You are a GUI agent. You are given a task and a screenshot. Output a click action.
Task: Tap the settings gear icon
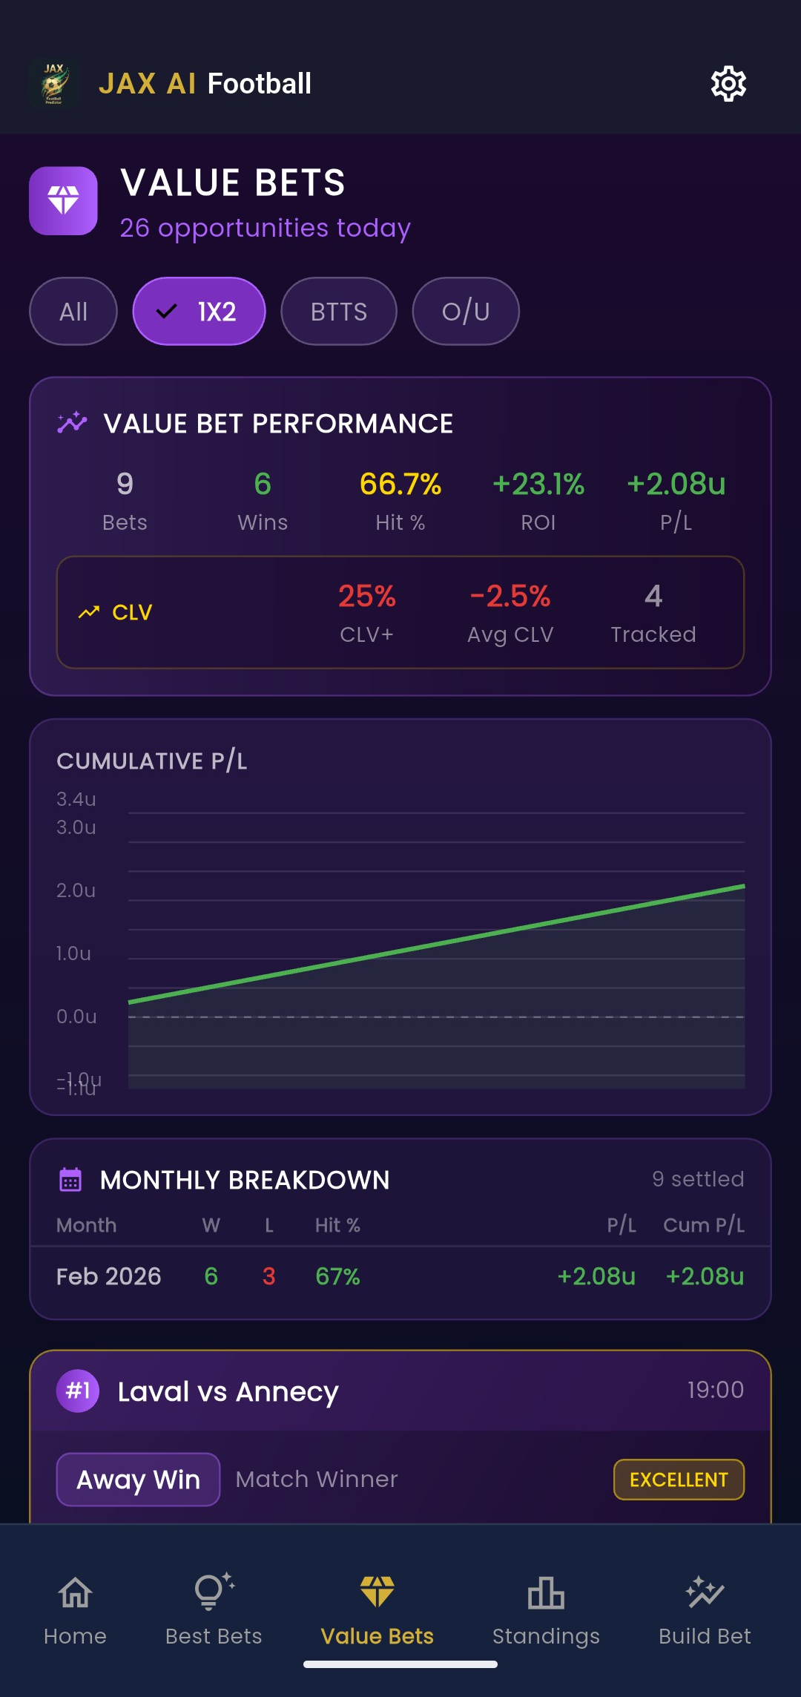point(728,84)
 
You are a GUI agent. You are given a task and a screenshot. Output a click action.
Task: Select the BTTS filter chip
point(338,312)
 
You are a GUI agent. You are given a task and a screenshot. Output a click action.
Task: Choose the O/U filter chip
point(466,312)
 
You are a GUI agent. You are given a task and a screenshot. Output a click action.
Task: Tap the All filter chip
point(73,312)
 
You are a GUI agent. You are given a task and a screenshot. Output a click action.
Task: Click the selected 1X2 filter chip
point(199,312)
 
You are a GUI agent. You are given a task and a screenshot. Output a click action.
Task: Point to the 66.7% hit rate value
point(400,485)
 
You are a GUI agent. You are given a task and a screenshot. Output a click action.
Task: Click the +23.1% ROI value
point(538,485)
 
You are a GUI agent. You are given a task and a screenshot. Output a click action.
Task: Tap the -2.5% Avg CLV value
point(510,597)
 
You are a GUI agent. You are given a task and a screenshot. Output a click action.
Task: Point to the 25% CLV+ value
point(366,597)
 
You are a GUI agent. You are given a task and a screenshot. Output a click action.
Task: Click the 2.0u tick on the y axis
point(76,890)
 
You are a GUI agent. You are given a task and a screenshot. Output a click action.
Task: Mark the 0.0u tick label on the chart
point(76,1017)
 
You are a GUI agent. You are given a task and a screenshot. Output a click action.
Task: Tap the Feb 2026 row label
point(109,1276)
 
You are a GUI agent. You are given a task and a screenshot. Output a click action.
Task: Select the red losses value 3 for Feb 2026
point(268,1276)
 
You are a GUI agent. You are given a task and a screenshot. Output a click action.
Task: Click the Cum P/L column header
point(703,1225)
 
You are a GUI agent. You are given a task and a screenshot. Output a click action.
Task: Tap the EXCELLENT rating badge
point(679,1480)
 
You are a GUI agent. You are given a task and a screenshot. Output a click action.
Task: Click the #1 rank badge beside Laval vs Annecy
point(78,1391)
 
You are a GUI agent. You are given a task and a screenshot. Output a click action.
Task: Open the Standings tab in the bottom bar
point(546,1609)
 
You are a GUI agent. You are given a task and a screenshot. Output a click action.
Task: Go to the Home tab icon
point(75,1594)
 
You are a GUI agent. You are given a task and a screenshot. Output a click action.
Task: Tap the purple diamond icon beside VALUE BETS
point(63,200)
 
